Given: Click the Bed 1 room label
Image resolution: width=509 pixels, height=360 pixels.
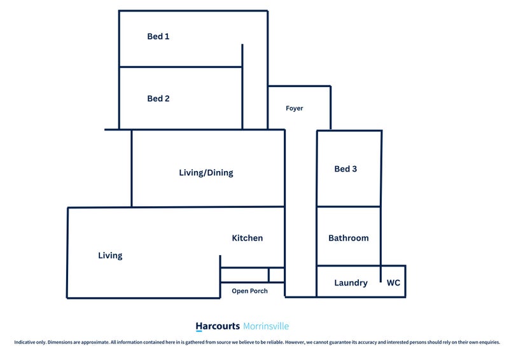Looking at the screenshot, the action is pyautogui.click(x=158, y=36).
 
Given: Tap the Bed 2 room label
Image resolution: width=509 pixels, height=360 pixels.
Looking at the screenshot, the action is pyautogui.click(x=158, y=99).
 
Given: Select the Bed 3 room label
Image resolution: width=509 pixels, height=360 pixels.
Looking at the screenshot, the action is pyautogui.click(x=345, y=169).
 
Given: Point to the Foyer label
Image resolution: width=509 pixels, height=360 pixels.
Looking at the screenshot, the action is pyautogui.click(x=294, y=108).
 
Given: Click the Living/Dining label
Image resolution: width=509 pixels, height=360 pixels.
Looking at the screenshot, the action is pyautogui.click(x=206, y=173).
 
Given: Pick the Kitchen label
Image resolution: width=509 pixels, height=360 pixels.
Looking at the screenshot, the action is pyautogui.click(x=247, y=238).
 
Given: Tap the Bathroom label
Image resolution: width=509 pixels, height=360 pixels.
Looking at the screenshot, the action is pyautogui.click(x=348, y=238).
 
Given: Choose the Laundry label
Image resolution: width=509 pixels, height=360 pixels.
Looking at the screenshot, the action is pyautogui.click(x=351, y=283).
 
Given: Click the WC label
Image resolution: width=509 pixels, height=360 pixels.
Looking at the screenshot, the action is pyautogui.click(x=393, y=283).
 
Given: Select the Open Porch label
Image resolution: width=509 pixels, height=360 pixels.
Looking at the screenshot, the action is pyautogui.click(x=249, y=291).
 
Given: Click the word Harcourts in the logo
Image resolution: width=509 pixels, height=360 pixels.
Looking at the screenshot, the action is pyautogui.click(x=218, y=326).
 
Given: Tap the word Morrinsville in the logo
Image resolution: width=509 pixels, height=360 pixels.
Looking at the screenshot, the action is pyautogui.click(x=266, y=326).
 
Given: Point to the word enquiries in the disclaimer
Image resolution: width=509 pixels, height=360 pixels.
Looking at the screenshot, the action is pyautogui.click(x=491, y=342).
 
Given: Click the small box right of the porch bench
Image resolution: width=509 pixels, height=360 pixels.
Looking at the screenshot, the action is pyautogui.click(x=277, y=275).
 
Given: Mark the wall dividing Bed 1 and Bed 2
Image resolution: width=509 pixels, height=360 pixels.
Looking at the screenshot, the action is pyautogui.click(x=181, y=67).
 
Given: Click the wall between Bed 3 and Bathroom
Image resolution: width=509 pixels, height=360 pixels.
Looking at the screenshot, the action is pyautogui.click(x=349, y=206).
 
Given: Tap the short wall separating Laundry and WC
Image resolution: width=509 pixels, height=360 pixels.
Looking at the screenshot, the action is pyautogui.click(x=380, y=273).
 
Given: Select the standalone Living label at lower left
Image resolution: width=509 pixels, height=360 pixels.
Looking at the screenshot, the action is pyautogui.click(x=110, y=256).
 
